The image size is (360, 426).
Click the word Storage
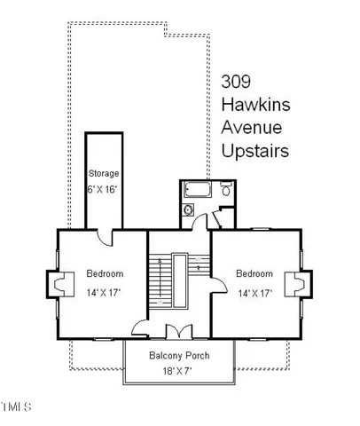[103, 173]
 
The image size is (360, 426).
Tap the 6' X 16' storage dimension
[103, 190]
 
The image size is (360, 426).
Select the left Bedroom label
[104, 273]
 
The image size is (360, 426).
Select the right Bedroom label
[254, 273]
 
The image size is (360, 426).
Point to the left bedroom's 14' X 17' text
[104, 292]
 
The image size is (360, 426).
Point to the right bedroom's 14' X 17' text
[254, 292]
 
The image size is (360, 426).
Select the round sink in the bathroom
[189, 211]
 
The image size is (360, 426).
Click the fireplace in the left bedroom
[57, 285]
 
